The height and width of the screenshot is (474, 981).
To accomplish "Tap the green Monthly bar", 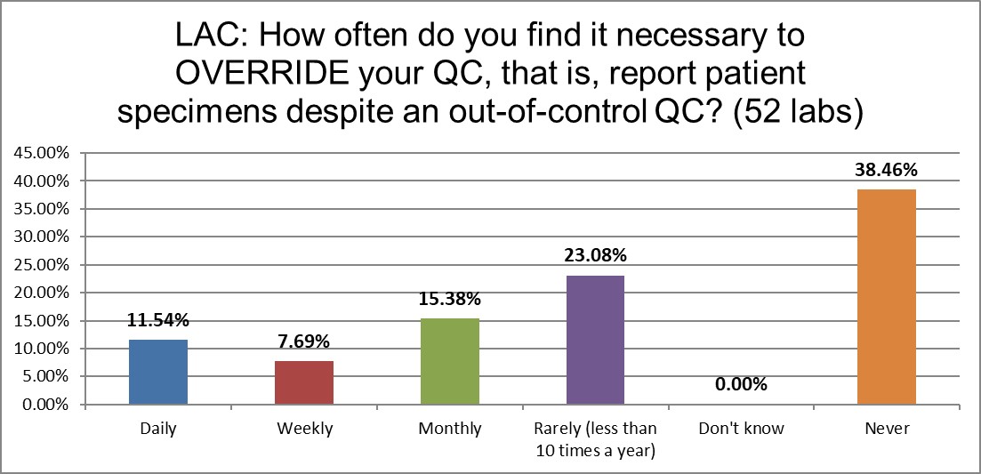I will coord(449,362).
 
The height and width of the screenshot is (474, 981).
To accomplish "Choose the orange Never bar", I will coord(887,297).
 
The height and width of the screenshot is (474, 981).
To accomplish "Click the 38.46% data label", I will coord(887,168).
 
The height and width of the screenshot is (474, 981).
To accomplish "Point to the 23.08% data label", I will coord(595,255).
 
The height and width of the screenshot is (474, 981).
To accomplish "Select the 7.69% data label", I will coord(304,341).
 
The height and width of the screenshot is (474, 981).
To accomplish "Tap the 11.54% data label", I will coord(158,320).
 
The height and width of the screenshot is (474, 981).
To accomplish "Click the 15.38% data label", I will coord(449,299).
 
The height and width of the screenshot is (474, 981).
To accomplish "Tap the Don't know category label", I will coord(741,429).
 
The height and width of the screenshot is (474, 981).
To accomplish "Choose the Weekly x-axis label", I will coord(304,429).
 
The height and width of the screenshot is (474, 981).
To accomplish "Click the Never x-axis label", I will coord(887,429).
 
